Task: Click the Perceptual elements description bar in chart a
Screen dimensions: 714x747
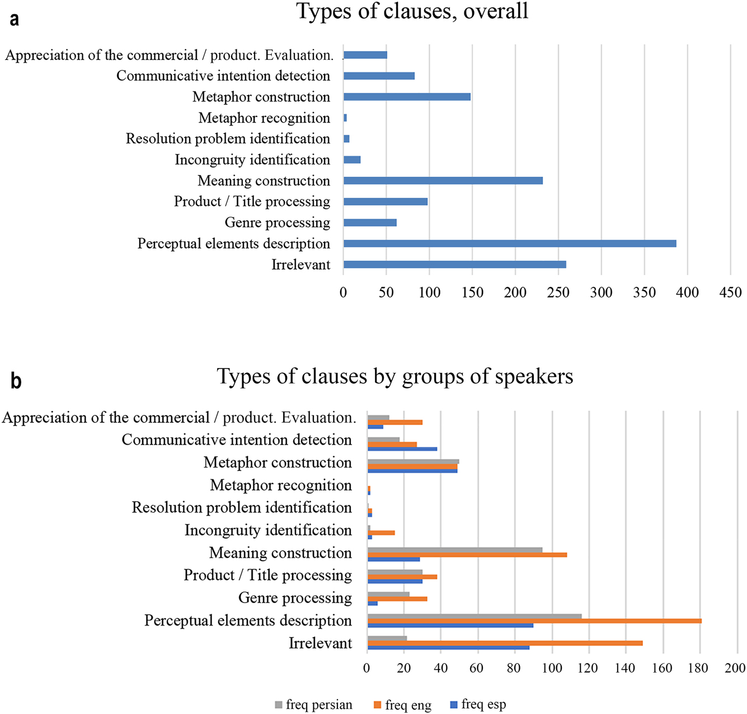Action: point(509,244)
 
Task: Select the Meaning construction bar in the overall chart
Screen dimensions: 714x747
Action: point(443,181)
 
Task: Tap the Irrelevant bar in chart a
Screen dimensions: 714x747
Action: point(454,264)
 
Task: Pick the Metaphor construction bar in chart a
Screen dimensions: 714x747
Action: point(407,97)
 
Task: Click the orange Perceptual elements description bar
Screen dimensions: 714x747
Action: point(534,621)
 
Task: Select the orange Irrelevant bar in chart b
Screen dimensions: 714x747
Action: point(505,643)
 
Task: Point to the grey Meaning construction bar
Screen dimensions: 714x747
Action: point(454,550)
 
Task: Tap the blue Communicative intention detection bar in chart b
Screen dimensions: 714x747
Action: point(402,449)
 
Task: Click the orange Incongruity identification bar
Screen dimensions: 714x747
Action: point(381,533)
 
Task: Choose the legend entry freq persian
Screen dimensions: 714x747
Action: point(314,704)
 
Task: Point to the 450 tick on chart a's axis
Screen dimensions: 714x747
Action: point(730,292)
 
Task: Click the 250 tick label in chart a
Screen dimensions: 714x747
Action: point(558,292)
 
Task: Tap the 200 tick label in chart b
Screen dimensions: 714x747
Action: point(735,668)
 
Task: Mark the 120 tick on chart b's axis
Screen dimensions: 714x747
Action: point(588,668)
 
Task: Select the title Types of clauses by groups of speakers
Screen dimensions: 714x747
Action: point(395,376)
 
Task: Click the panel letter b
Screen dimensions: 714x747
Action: point(16,381)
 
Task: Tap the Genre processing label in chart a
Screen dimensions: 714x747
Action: point(278,223)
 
